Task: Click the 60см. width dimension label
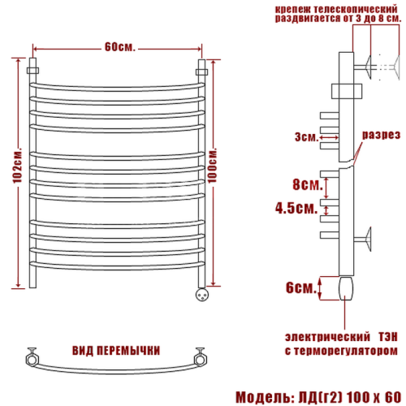click(x=120, y=47)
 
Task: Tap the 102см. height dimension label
click(x=18, y=166)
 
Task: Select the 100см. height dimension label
click(x=213, y=166)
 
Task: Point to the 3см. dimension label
click(x=307, y=137)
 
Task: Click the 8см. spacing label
click(x=308, y=184)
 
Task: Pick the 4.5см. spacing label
click(x=296, y=209)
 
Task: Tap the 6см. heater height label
click(x=301, y=287)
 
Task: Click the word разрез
click(x=381, y=135)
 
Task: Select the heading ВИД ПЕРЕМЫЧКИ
click(x=116, y=351)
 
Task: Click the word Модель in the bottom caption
click(x=264, y=397)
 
